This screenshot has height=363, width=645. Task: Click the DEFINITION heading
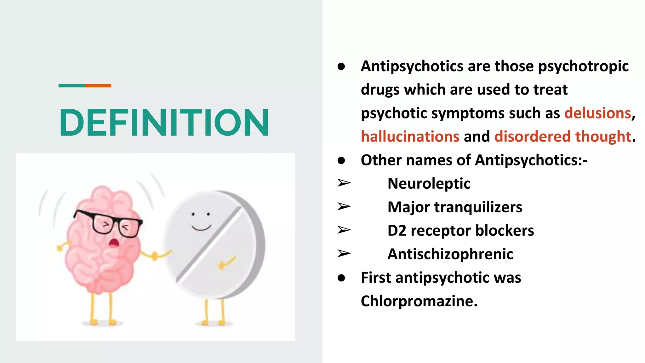[x=164, y=122]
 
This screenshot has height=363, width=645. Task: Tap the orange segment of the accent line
[x=98, y=86]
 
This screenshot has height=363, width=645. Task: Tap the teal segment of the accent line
[x=72, y=86]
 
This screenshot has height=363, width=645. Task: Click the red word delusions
[x=597, y=113]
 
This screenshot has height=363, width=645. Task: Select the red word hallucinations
[x=410, y=137]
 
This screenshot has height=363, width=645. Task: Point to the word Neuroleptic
[x=429, y=183]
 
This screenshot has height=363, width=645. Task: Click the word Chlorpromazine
[x=419, y=301]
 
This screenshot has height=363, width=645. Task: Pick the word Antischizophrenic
[x=450, y=254]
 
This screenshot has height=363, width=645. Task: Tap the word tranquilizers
[x=478, y=207]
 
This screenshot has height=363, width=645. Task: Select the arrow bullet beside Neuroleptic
[x=344, y=183]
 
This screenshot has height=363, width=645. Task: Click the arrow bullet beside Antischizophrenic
[x=344, y=253]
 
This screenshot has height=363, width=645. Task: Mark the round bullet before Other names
[x=341, y=160]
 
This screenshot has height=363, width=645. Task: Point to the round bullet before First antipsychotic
[x=341, y=278]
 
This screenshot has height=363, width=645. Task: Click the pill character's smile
[x=201, y=228]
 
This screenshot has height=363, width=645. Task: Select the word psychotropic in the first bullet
[x=583, y=66]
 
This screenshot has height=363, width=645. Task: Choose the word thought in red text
[x=603, y=137]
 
